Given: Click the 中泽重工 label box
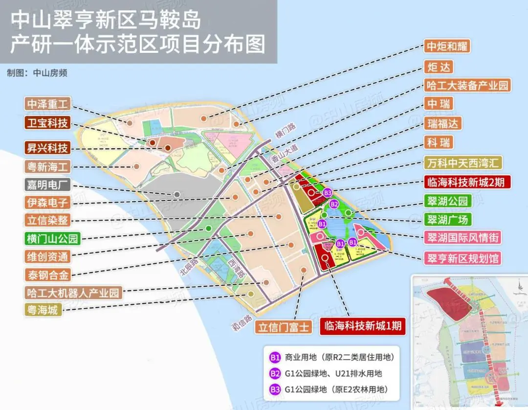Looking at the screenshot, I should [48, 104].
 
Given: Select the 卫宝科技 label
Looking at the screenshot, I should [48, 122].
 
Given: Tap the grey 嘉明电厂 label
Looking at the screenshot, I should [48, 185].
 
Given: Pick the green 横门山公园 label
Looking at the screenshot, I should [53, 239].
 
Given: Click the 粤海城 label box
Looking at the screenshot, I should [43, 309].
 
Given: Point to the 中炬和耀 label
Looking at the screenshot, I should [447, 46].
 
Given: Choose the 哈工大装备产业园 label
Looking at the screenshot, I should [467, 85].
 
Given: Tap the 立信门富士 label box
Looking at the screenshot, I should [284, 326].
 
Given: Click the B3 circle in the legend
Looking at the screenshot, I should [275, 390].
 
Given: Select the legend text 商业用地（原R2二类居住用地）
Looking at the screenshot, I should [339, 357].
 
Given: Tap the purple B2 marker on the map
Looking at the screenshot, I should [334, 204].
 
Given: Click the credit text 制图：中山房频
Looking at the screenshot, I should [37, 73].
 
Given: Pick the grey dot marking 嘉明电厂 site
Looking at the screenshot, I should [177, 194].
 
